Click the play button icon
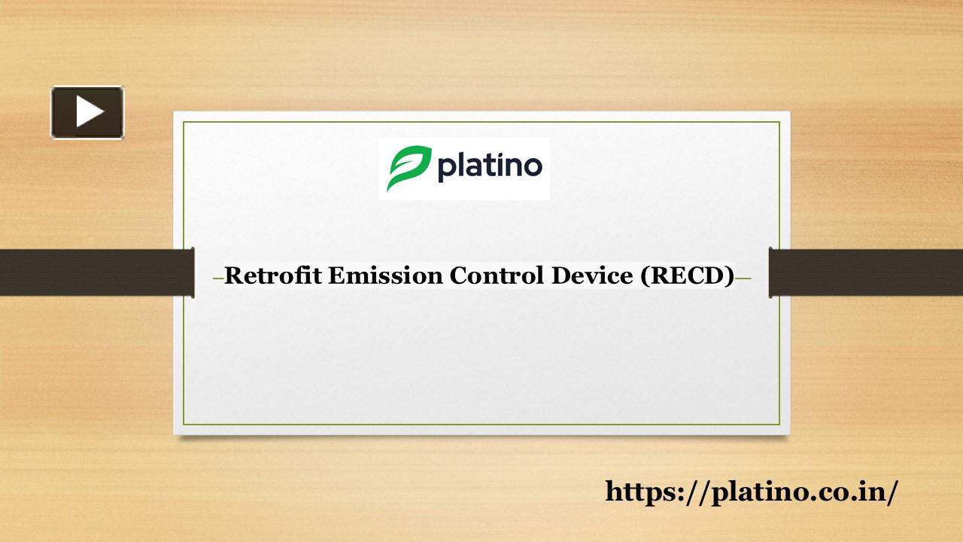click(x=87, y=112)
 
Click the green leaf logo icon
click(x=409, y=169)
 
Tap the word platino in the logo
click(x=489, y=166)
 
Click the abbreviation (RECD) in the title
click(x=687, y=276)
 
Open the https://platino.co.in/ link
click(x=751, y=492)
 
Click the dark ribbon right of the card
click(x=866, y=273)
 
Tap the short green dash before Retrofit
click(x=218, y=279)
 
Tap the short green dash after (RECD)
click(x=743, y=279)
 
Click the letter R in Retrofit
click(x=233, y=276)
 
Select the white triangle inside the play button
click(x=89, y=112)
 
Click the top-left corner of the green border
click(x=184, y=122)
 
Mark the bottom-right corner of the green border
click(x=779, y=425)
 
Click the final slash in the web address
click(x=893, y=492)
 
